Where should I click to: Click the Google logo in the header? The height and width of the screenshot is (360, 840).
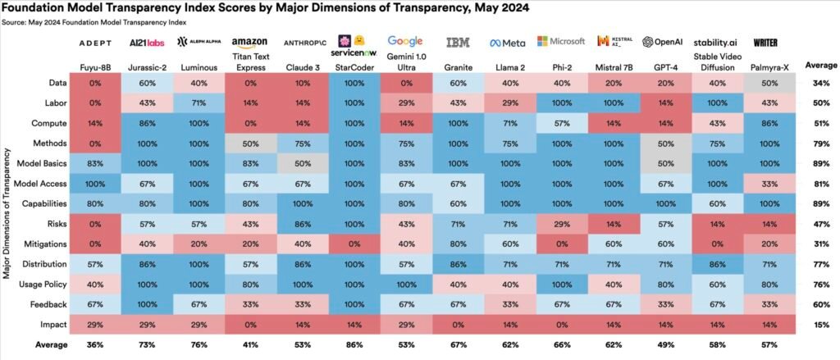[x=404, y=41]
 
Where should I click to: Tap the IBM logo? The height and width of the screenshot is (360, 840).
[x=458, y=42]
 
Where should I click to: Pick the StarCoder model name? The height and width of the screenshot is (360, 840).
[x=351, y=65]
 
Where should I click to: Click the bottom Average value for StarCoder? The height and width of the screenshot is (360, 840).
[x=351, y=344]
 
